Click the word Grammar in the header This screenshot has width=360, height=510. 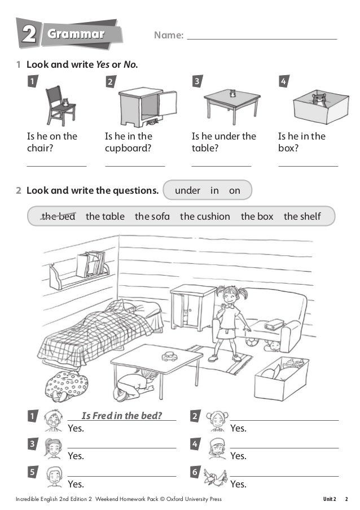click(76, 34)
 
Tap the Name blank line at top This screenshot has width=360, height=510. click(261, 38)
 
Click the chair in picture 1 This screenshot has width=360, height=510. click(58, 106)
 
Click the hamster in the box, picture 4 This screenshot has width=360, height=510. click(319, 101)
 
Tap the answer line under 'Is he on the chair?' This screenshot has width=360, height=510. click(56, 165)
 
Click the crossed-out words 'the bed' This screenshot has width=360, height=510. click(58, 216)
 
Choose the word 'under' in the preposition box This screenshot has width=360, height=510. click(187, 191)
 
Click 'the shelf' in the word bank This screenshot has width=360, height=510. click(302, 216)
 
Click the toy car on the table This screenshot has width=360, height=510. click(169, 356)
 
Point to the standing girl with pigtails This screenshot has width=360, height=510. click(229, 322)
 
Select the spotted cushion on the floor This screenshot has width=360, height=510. click(66, 385)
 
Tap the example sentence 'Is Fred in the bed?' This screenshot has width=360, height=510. click(121, 416)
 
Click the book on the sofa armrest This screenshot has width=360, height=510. click(274, 324)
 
